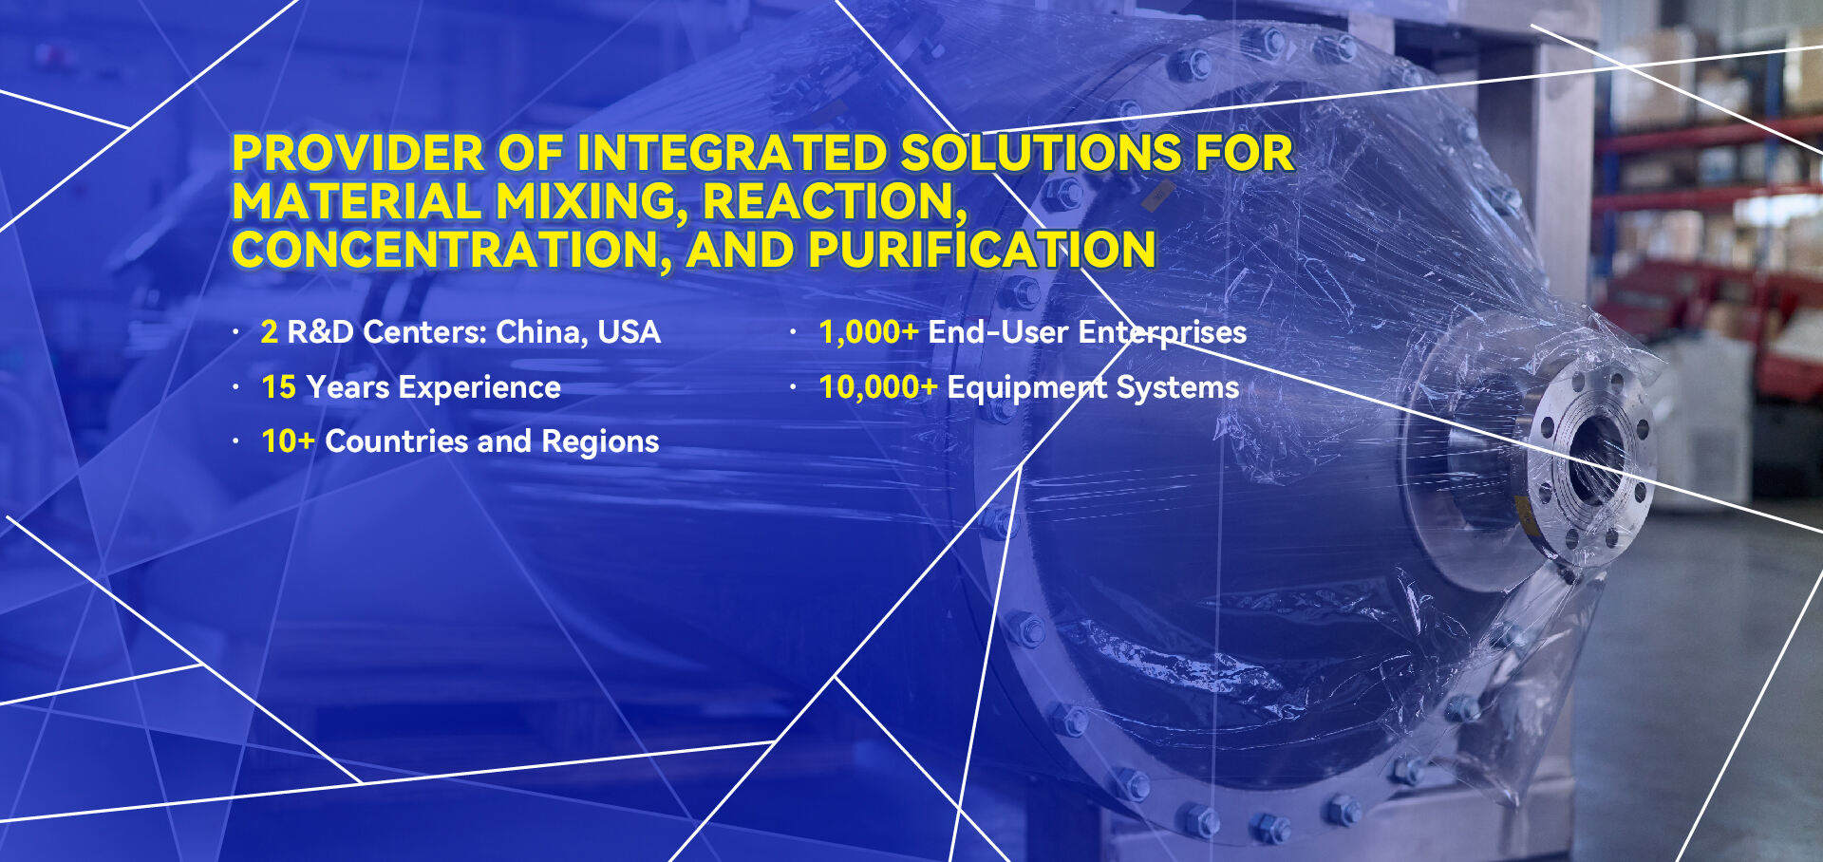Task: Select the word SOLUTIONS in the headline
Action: tap(1041, 154)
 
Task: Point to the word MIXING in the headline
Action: tap(592, 202)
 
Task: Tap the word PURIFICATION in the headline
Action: tap(983, 251)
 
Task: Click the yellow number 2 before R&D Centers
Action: tap(270, 332)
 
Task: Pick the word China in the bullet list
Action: tap(541, 333)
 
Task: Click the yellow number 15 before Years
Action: tap(279, 387)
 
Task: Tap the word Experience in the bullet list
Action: tap(479, 388)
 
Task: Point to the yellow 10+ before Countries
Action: tap(288, 441)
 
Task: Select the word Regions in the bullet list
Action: tap(600, 442)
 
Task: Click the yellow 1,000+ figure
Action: tap(868, 333)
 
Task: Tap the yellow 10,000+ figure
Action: tap(877, 388)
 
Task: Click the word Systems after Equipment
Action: tap(1177, 388)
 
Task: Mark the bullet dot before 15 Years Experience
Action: tap(235, 387)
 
